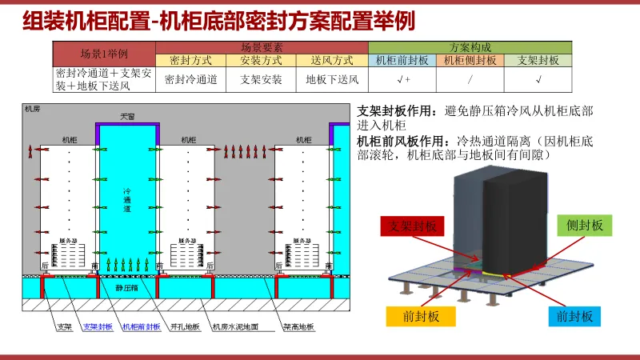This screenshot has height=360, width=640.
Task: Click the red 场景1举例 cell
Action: click(105, 54)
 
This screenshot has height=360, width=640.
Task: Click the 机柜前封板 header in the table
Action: click(402, 60)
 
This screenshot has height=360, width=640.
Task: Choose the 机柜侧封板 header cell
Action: click(470, 60)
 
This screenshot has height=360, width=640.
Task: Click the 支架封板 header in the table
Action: click(538, 60)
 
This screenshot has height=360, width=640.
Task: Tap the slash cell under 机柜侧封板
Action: click(470, 78)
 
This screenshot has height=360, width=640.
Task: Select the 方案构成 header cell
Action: click(470, 47)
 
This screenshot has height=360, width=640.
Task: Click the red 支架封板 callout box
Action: click(413, 227)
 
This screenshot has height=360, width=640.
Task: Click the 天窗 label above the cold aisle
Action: click(128, 117)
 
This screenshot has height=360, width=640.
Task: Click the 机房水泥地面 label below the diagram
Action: click(234, 326)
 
